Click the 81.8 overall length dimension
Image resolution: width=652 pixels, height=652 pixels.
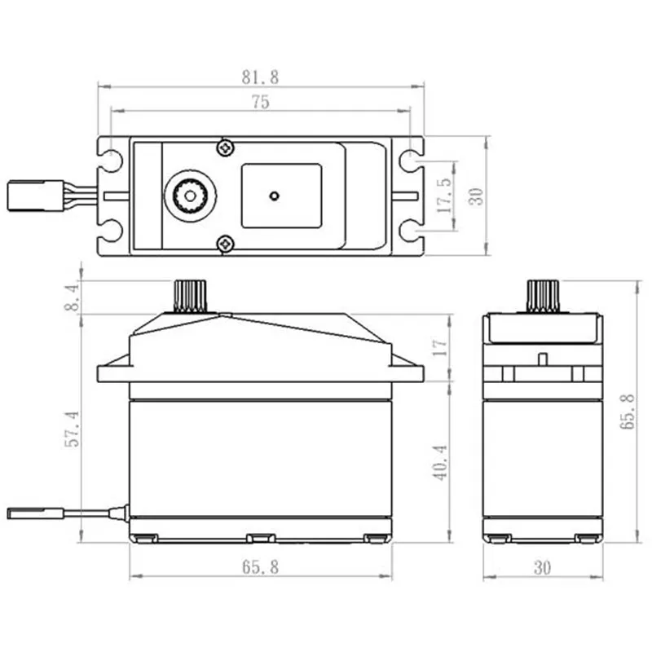click(260, 77)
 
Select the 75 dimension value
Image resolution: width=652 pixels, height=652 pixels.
click(260, 102)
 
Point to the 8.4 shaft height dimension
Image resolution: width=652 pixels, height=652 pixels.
click(73, 297)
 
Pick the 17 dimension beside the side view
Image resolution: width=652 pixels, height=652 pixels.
click(439, 347)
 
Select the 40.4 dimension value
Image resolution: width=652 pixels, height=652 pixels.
click(439, 461)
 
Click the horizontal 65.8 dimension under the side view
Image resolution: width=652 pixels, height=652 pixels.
click(260, 568)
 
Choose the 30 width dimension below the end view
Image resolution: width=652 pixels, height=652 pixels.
click(541, 568)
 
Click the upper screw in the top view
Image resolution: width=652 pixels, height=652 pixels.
click(224, 148)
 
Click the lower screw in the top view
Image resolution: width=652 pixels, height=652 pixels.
click(224, 243)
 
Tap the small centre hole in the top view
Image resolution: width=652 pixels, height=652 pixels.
click(275, 196)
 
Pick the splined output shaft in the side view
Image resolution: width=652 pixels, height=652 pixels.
click(189, 297)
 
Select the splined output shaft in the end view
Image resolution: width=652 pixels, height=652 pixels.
click(541, 297)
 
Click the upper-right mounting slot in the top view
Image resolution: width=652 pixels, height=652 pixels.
click(411, 160)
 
